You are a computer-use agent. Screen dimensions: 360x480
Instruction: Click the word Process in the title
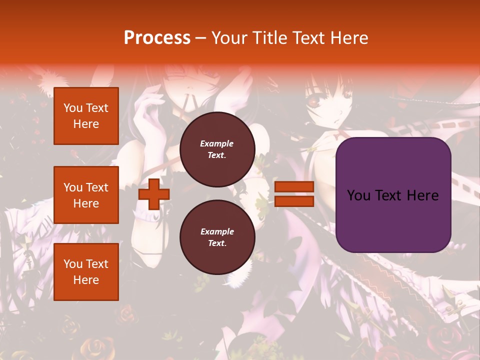[157, 38]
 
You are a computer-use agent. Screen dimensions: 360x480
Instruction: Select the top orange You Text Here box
[86, 116]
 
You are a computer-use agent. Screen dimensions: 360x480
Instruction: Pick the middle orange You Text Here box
[86, 195]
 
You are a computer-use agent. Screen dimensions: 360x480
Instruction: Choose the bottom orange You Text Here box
[86, 272]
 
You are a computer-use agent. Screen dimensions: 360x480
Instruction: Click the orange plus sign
[154, 194]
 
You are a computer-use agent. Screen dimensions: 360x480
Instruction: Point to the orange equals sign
[294, 194]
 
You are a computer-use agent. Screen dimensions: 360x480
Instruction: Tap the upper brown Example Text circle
[217, 149]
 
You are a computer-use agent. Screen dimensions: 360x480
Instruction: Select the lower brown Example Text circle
[217, 237]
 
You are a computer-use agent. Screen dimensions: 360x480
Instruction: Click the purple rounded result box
[393, 195]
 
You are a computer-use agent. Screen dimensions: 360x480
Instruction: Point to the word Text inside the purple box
[393, 195]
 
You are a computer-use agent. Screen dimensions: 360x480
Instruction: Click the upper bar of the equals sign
[294, 187]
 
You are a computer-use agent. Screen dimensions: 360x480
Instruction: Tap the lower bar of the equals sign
[294, 201]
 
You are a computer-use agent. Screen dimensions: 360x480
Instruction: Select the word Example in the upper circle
[217, 143]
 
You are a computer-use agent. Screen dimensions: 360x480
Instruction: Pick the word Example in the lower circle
[217, 231]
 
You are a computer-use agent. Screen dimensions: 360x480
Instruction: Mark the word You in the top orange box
[73, 108]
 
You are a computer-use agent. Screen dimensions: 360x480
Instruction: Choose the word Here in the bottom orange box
[86, 280]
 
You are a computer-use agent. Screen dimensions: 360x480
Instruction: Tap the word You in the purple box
[358, 195]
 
